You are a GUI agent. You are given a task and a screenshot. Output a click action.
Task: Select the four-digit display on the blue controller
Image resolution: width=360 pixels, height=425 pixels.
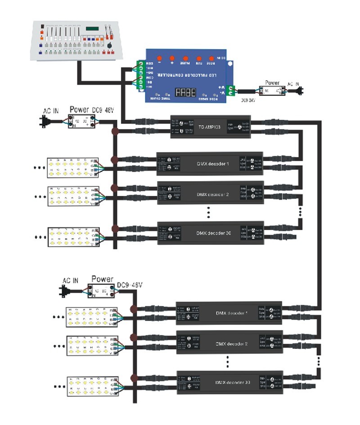[185, 92]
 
